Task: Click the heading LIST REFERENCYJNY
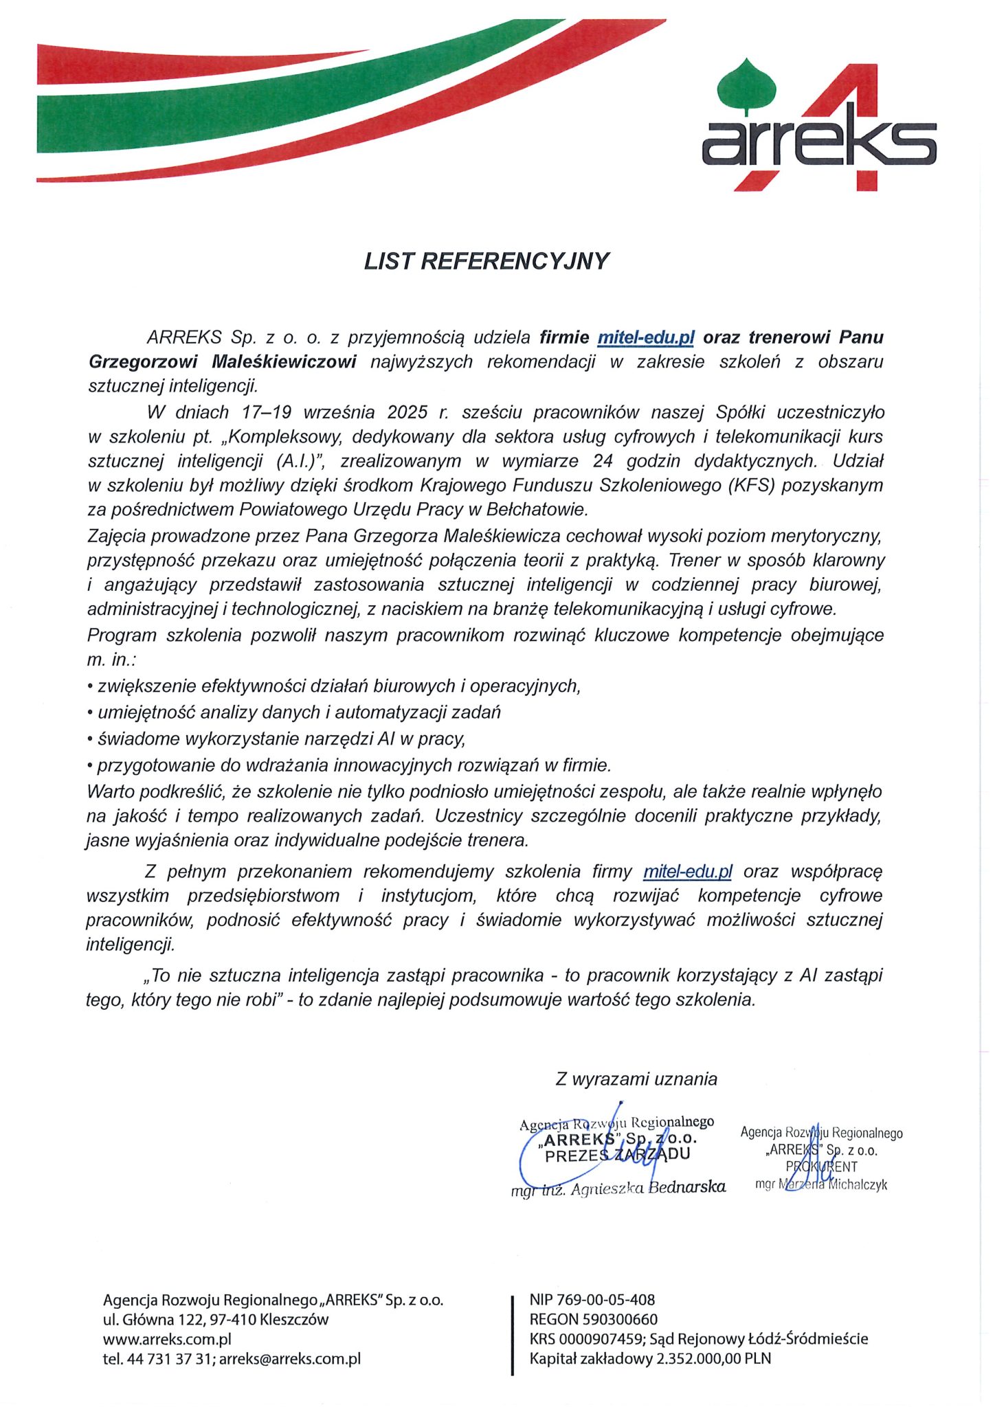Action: [x=487, y=262]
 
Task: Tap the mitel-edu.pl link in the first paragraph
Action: [x=646, y=337]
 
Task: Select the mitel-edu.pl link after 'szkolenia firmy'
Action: [x=687, y=872]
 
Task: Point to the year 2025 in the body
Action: [x=408, y=412]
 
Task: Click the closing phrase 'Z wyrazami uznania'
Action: [x=636, y=1079]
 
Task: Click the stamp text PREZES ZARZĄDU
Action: [x=616, y=1155]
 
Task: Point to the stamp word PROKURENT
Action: [x=821, y=1167]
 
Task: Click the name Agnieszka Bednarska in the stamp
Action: [x=648, y=1187]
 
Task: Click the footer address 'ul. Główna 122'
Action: [x=164, y=1319]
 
